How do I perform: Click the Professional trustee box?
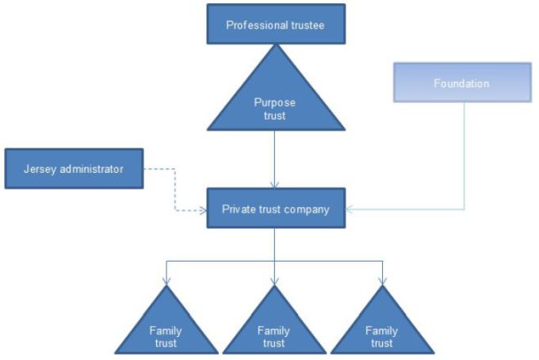(x=275, y=25)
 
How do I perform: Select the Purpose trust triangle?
(x=275, y=99)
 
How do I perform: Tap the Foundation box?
(x=461, y=82)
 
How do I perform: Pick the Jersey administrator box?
(x=74, y=168)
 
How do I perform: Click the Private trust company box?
(x=275, y=209)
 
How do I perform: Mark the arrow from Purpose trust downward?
(x=275, y=159)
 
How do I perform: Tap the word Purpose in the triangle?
(x=275, y=102)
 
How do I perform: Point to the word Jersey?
(x=40, y=168)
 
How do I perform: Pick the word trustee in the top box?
(x=306, y=25)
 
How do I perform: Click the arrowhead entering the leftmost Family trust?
(x=166, y=281)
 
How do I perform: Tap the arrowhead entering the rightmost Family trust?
(x=381, y=281)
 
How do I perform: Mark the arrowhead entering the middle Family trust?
(x=274, y=281)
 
